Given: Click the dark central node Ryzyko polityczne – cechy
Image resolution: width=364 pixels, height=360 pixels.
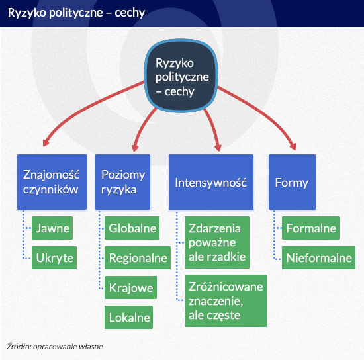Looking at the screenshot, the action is (181, 75).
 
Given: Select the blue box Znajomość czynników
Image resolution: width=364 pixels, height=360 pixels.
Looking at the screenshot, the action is (52, 182).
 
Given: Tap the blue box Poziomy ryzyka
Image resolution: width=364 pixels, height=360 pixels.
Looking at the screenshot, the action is (123, 182).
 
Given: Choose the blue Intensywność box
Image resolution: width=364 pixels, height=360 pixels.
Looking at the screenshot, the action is (211, 182).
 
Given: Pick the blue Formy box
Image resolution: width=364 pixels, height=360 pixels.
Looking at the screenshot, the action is (292, 182).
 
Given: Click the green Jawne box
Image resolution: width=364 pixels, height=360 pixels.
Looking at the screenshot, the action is (52, 228).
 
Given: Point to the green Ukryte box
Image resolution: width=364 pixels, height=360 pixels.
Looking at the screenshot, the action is (54, 257).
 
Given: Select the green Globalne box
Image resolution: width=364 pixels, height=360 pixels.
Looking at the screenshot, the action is (132, 228).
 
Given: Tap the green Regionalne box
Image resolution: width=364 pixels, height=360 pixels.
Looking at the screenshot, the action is (138, 257).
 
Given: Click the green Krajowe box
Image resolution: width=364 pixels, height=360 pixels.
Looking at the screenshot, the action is (130, 287).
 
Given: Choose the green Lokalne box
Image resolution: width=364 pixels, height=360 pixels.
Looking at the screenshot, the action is (128, 317).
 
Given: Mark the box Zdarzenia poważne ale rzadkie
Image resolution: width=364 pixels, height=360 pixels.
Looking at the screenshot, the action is (217, 243).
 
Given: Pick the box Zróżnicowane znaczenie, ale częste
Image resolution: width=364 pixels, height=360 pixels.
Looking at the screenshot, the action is (226, 300).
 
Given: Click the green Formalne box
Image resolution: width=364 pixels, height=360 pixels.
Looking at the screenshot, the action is (310, 228).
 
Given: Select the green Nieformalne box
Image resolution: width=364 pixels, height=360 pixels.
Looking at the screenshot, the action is (318, 257).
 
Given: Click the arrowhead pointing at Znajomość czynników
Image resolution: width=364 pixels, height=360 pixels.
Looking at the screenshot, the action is (46, 143).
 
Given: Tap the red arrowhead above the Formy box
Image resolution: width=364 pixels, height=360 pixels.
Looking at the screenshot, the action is (293, 146).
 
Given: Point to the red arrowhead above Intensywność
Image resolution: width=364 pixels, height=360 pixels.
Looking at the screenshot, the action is (218, 148).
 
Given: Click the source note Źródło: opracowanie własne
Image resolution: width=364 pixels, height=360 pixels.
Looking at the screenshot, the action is (55, 347).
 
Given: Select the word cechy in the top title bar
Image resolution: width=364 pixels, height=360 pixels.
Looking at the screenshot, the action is (130, 13).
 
